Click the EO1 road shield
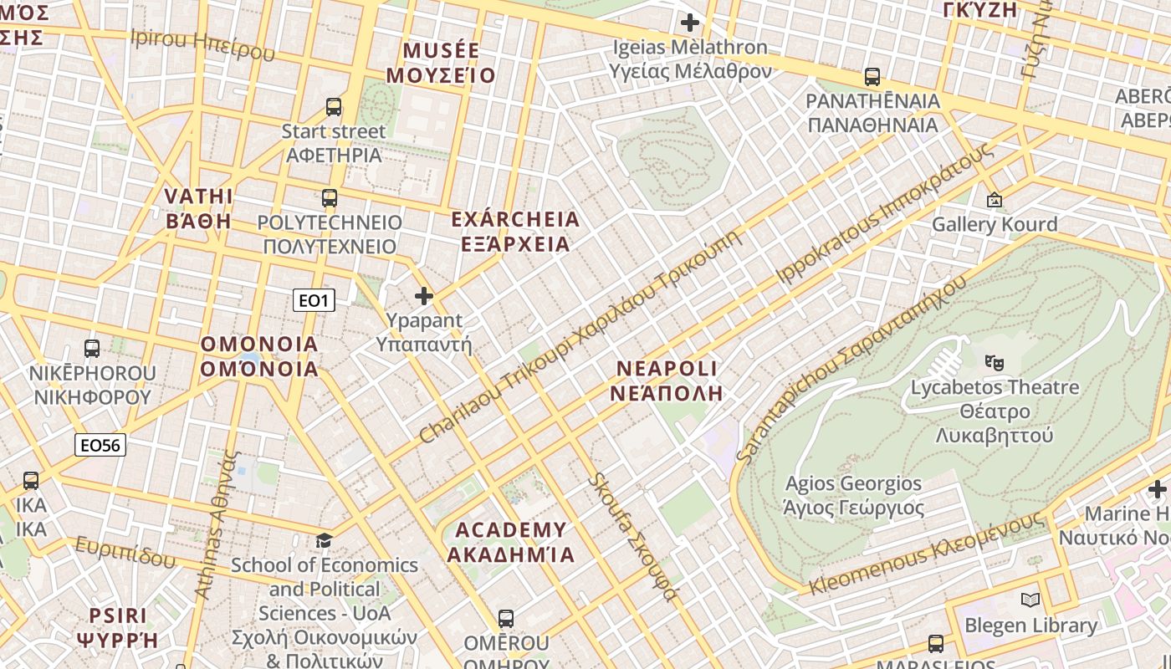(314, 300)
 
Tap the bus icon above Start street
(333, 107)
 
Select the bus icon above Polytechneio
(330, 198)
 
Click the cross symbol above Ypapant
(424, 296)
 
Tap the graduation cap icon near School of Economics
(324, 541)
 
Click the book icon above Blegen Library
(1030, 600)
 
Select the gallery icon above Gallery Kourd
(994, 200)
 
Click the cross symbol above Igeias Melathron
(690, 23)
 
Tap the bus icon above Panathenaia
(872, 77)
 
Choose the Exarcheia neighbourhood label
(515, 232)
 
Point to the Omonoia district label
(259, 356)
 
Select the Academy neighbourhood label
(511, 542)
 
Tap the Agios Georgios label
(853, 495)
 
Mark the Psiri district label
(118, 628)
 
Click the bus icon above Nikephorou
(92, 349)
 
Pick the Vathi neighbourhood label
(198, 208)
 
